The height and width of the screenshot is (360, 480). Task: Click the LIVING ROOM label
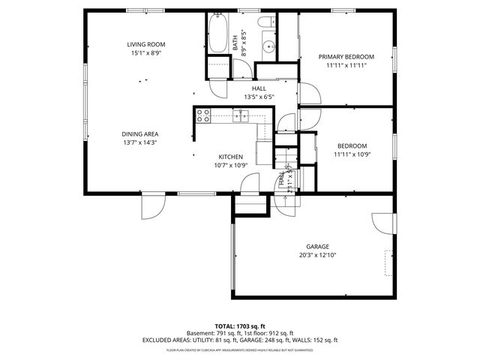[145, 45]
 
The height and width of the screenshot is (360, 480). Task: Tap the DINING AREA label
[140, 134]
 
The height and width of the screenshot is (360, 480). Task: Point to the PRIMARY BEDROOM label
[346, 57]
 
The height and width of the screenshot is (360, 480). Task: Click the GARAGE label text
[317, 247]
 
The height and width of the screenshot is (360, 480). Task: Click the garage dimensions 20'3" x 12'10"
[317, 254]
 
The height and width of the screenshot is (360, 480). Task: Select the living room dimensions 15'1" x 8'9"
[145, 53]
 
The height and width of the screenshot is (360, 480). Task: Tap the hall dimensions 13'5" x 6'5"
[259, 97]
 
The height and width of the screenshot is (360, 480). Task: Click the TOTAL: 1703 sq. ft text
[239, 326]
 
